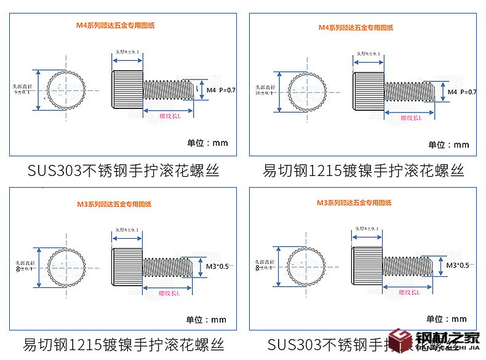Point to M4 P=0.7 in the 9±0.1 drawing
coord(221,90)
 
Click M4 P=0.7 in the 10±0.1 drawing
coord(462,92)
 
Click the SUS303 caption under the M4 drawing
coord(123,170)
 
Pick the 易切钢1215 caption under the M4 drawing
coord(363,170)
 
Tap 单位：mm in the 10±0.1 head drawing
coord(448,145)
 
